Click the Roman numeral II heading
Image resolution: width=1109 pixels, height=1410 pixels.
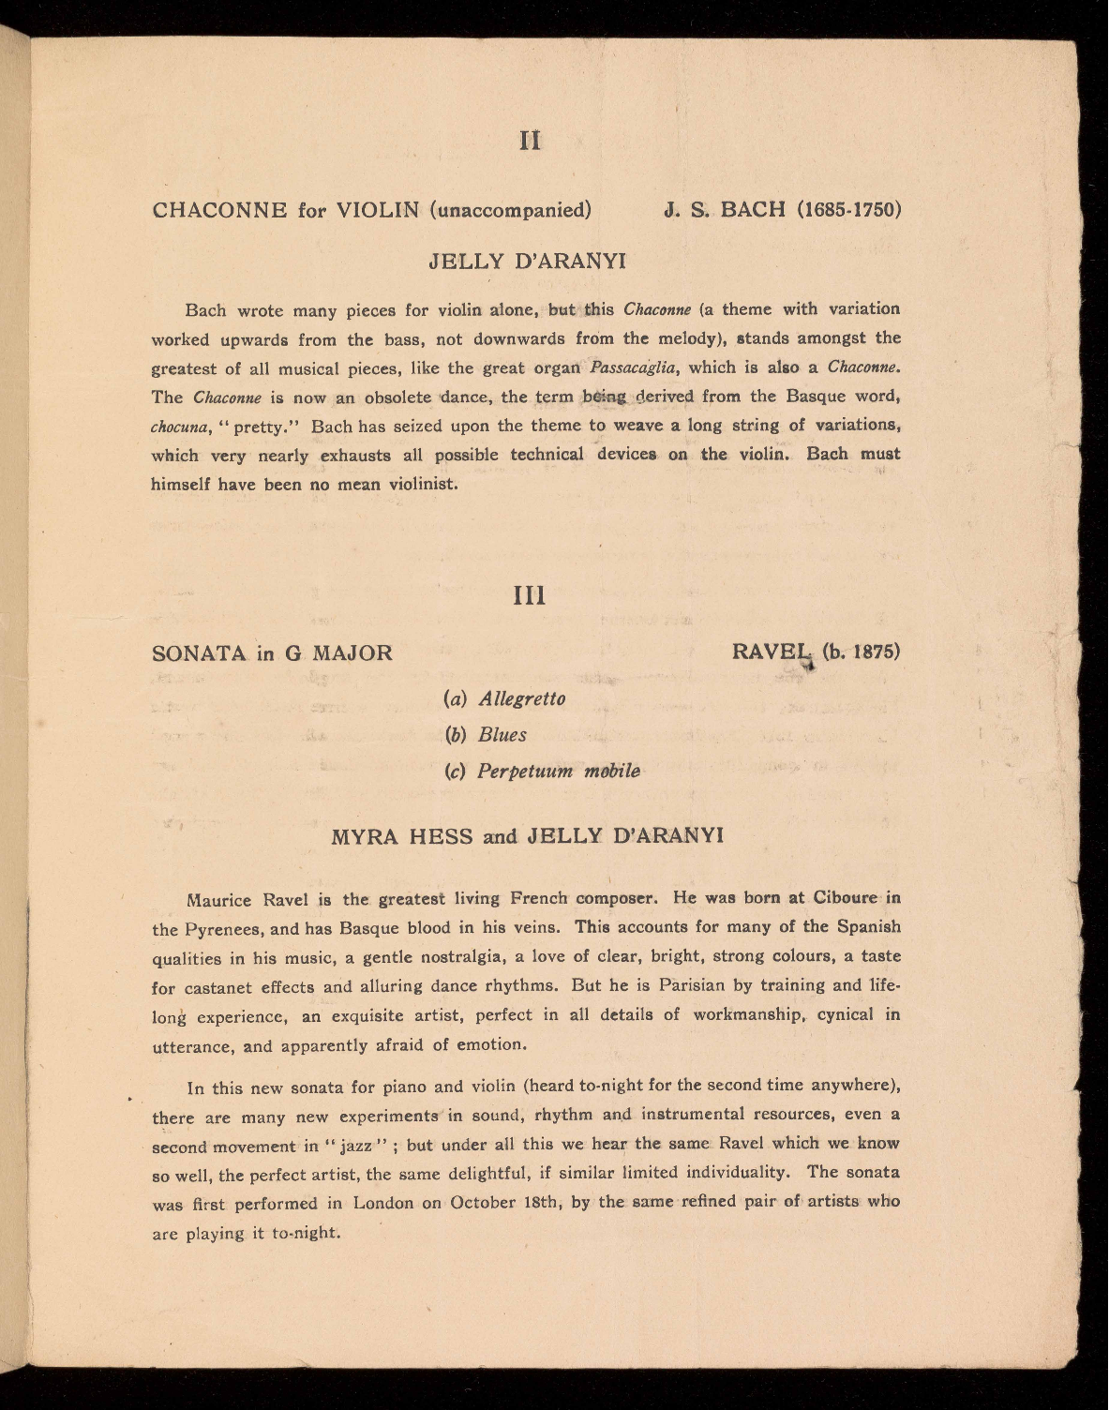click(530, 140)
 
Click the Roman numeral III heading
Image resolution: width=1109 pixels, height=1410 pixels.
click(531, 596)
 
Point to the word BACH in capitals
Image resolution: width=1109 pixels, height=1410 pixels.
click(749, 208)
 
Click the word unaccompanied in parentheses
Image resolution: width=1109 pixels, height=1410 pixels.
click(510, 209)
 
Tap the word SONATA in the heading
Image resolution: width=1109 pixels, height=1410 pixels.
click(198, 652)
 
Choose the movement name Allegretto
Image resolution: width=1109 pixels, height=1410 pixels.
click(521, 698)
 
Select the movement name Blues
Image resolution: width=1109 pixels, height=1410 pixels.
click(502, 734)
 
